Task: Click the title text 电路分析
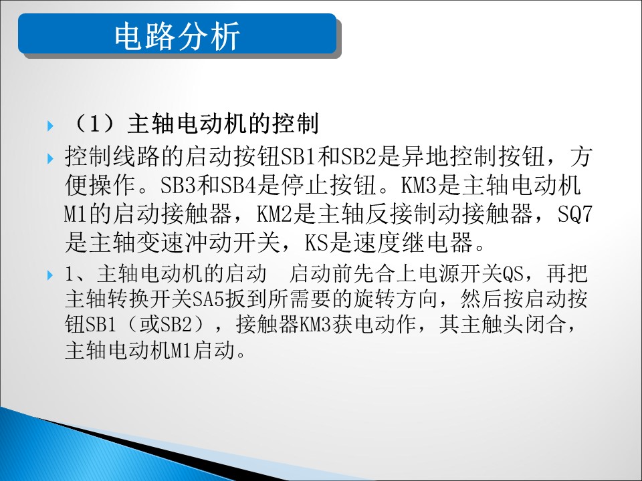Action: click(x=177, y=36)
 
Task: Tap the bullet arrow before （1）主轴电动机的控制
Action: click(x=50, y=126)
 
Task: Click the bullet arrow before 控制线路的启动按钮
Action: click(x=50, y=158)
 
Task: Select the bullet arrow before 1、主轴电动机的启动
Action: click(x=50, y=275)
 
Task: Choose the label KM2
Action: click(x=274, y=214)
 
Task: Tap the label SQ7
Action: click(x=574, y=214)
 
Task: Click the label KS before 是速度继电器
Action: click(x=316, y=243)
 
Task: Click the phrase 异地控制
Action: click(x=449, y=156)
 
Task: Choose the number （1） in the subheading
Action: click(x=94, y=124)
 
